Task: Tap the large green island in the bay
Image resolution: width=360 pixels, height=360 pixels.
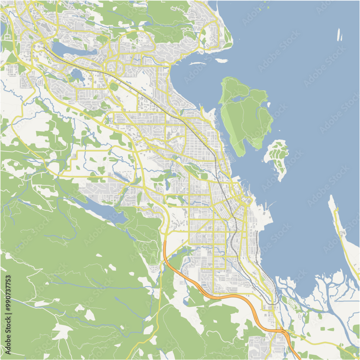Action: [x=249, y=115]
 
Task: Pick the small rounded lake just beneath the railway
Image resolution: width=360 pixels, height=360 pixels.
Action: [x=77, y=75]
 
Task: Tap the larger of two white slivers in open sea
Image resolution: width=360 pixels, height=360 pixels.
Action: [x=339, y=35]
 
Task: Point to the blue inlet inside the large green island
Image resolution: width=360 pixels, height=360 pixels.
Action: [x=240, y=96]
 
